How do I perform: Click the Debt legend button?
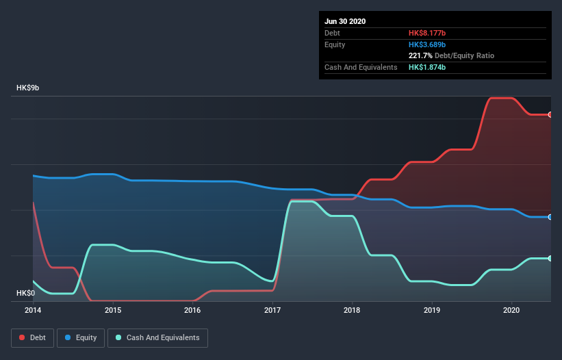point(31,337)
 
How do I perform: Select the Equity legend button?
point(81,337)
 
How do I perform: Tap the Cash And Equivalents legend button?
point(157,337)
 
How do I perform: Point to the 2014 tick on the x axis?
point(33,310)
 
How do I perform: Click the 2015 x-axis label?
point(113,310)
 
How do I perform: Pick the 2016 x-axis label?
point(192,310)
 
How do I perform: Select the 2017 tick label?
point(272,310)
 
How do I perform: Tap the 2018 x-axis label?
point(352,310)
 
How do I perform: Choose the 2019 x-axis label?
point(432,310)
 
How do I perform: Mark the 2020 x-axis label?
point(511,310)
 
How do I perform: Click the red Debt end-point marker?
point(550,114)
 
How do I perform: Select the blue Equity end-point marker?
point(550,217)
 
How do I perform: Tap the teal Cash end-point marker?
point(550,258)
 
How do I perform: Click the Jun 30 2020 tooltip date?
point(345,21)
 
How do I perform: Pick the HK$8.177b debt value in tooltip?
point(427,33)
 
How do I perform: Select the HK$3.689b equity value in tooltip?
point(427,44)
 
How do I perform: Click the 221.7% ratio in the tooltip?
point(420,55)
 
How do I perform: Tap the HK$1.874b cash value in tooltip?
point(427,67)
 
